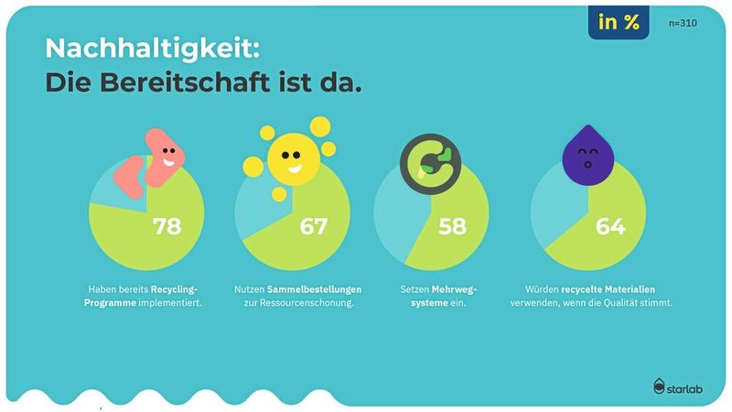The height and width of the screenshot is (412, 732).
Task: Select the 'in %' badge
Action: [x=619, y=23]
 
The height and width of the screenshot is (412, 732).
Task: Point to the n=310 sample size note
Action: [x=682, y=23]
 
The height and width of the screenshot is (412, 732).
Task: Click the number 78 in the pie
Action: [x=167, y=226]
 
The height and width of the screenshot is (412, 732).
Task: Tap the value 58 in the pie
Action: [x=452, y=226]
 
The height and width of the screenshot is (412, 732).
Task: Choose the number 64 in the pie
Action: [x=610, y=226]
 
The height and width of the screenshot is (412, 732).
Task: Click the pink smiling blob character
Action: [x=159, y=157]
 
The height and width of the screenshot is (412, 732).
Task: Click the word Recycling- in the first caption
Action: [x=176, y=289]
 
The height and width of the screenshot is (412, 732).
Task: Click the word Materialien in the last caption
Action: [x=641, y=289]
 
